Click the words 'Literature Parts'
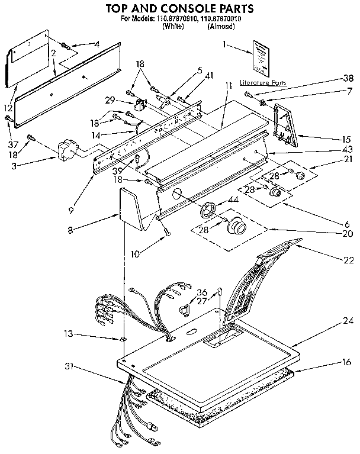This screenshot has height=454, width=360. [x=263, y=83]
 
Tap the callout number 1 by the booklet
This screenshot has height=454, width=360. [x=225, y=44]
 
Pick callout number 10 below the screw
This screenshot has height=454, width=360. [x=136, y=255]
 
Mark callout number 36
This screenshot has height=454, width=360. [x=201, y=292]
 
